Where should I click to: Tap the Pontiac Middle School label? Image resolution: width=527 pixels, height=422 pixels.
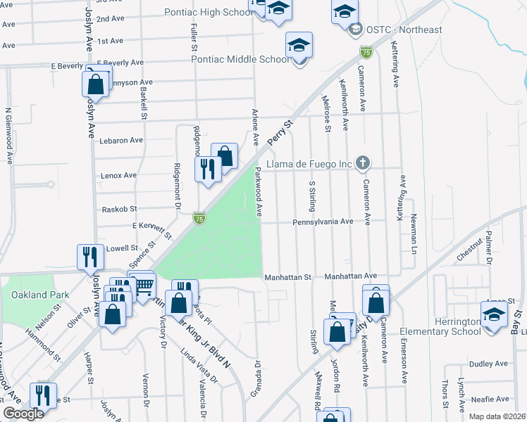(x=241, y=59)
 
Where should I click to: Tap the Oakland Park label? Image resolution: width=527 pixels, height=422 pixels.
(x=36, y=295)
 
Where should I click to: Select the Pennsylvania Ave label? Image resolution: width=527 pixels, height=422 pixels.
(x=321, y=221)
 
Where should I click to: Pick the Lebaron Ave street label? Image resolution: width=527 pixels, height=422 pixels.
(x=121, y=140)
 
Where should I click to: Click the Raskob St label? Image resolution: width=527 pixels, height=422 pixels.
(x=118, y=209)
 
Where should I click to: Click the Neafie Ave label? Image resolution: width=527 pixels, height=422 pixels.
(x=488, y=398)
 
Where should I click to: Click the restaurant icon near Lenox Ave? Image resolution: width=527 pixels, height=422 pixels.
(x=207, y=169)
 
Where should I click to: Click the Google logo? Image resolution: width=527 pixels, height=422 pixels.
(x=23, y=414)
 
